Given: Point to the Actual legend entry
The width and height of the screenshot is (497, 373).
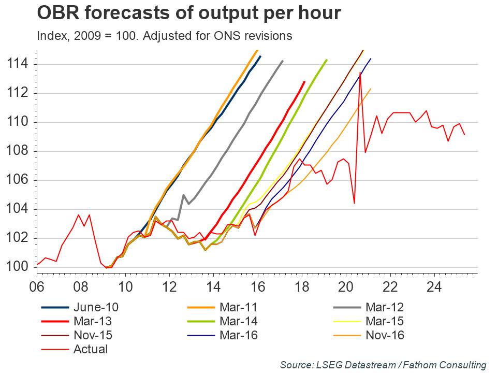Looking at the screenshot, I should (x=91, y=349).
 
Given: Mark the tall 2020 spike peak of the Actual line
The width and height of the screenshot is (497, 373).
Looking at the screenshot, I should (x=360, y=73).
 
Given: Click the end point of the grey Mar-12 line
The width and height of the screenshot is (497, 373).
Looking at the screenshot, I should (x=283, y=61).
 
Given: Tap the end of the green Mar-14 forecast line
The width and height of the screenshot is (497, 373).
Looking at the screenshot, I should (x=327, y=60).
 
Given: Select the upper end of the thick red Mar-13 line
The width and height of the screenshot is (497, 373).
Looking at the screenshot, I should (x=304, y=81).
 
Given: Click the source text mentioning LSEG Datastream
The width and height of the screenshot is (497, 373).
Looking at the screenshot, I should (x=383, y=364).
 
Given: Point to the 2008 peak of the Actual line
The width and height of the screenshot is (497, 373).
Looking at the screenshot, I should (x=79, y=214).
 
